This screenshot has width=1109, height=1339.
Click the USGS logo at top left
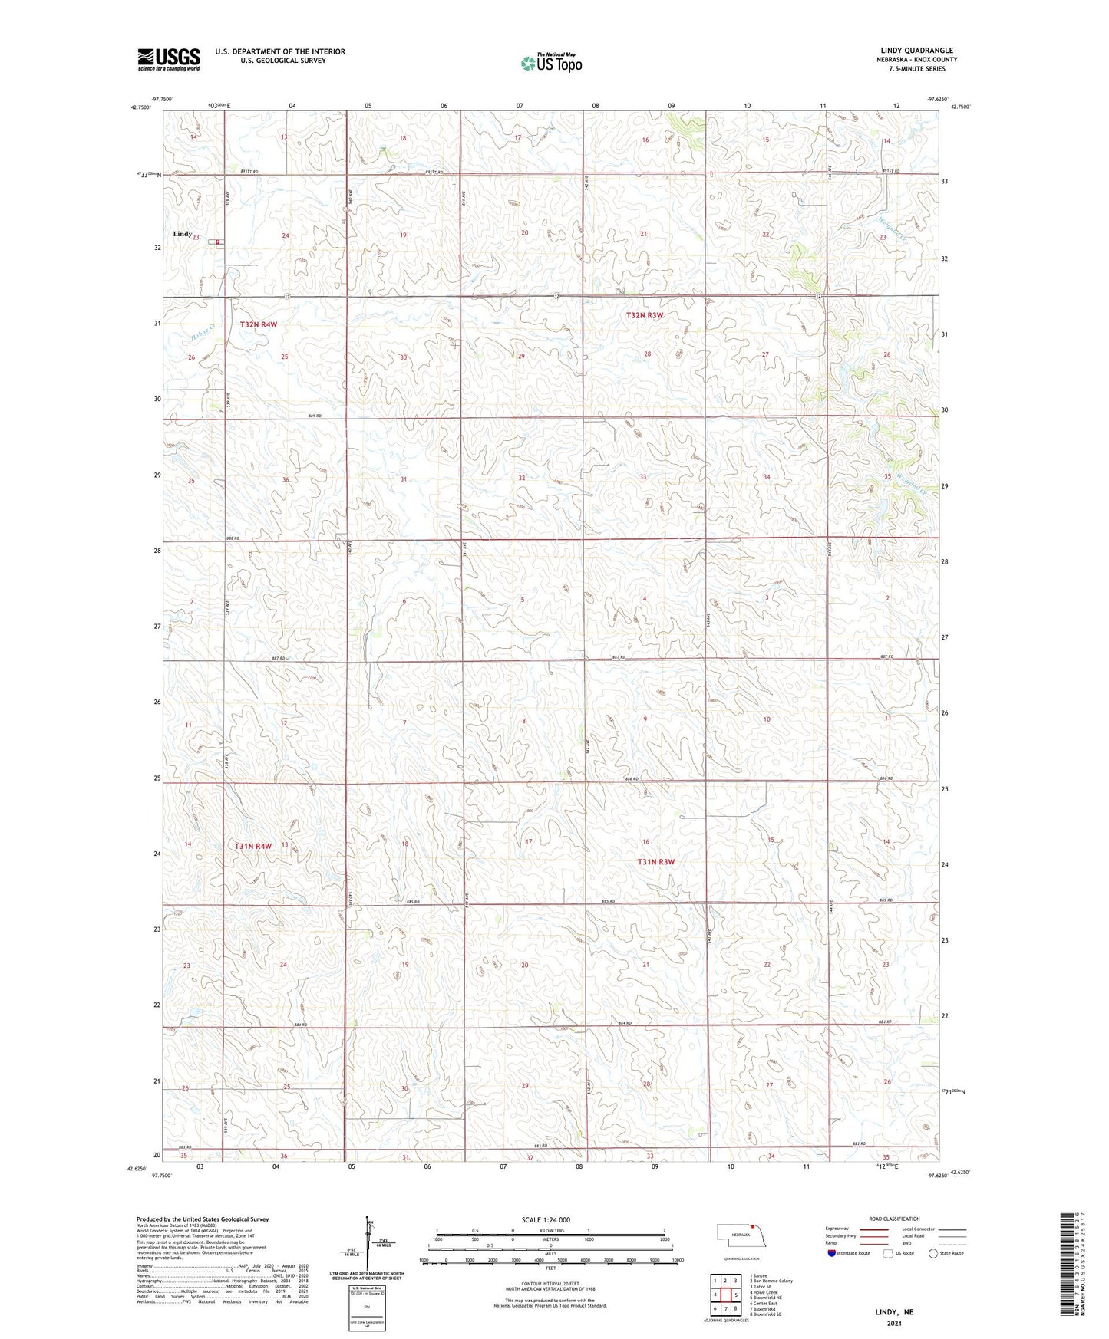point(169,58)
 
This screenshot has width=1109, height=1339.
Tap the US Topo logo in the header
point(551,63)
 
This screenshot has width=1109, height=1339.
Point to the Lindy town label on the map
point(182,234)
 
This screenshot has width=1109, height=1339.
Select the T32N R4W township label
point(258,324)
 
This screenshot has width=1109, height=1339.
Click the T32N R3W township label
point(644,315)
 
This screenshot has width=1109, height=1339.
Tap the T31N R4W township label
point(253,846)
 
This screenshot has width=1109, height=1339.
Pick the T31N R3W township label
point(655,862)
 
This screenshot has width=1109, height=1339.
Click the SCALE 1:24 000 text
point(545,1220)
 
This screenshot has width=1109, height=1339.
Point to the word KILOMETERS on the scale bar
point(550,1230)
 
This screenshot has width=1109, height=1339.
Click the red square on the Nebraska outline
point(754,1225)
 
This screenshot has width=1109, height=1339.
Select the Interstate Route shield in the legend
point(832,1253)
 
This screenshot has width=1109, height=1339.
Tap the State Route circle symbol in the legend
point(932,1253)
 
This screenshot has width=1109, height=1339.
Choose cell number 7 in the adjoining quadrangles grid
point(725,1308)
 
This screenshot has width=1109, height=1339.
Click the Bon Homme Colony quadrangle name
point(771,1281)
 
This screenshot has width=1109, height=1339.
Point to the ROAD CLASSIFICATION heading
point(894,1219)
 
